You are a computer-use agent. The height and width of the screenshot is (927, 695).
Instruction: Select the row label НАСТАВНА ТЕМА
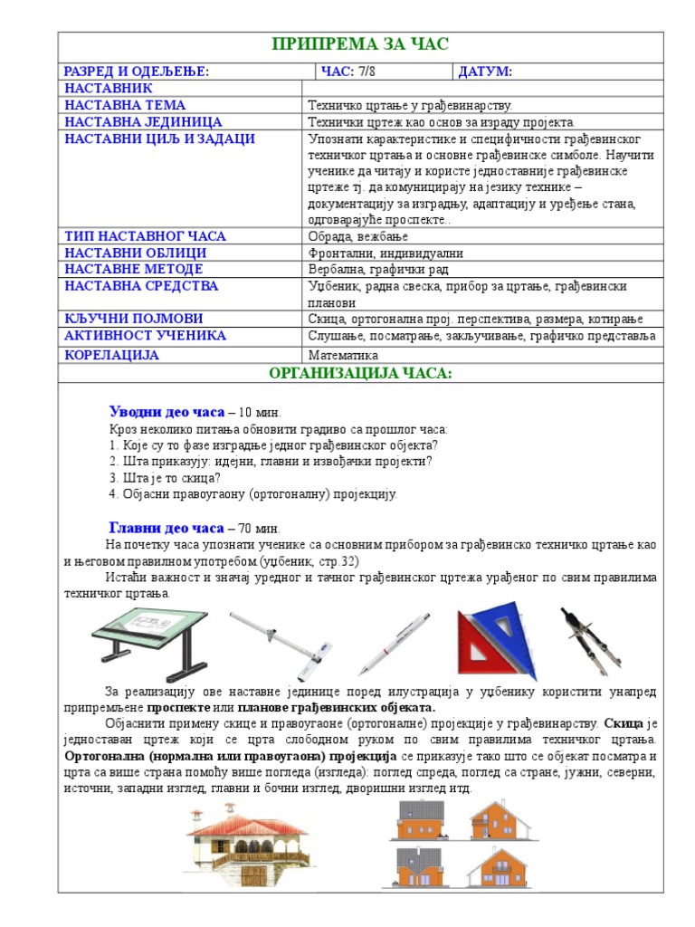[x=125, y=105]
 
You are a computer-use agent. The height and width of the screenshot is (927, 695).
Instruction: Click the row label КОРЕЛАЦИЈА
[x=111, y=355]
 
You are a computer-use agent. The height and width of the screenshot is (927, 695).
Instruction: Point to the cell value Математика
[x=343, y=356]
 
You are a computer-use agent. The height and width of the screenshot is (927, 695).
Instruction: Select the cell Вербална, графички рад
[x=377, y=270]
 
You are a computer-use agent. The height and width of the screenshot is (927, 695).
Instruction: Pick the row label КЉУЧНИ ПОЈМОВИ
[x=133, y=319]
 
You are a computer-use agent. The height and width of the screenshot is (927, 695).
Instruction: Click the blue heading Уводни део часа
[x=167, y=412]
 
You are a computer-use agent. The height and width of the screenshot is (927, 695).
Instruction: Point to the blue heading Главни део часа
[x=166, y=528]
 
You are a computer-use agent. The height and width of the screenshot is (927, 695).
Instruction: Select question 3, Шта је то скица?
[x=165, y=478]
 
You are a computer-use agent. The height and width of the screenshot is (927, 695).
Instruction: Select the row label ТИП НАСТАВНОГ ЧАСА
[x=145, y=236]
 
